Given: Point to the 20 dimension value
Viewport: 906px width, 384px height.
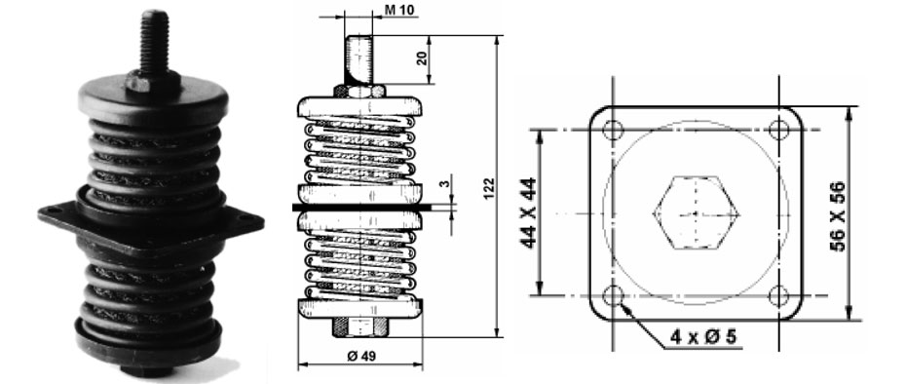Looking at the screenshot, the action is coord(422,59).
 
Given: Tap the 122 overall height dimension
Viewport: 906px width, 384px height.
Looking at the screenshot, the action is coord(488,188).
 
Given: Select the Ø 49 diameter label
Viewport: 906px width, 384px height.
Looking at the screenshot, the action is coord(361,356).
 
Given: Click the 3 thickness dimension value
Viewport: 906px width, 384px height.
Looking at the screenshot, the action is coord(443,183).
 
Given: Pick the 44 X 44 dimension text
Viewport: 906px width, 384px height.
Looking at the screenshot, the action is coord(529,212).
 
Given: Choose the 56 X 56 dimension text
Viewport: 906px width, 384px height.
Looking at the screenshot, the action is coord(837,215).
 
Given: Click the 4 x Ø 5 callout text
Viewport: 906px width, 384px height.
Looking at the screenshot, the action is coord(703,336).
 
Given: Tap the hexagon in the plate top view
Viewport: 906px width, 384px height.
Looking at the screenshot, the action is coord(697,213).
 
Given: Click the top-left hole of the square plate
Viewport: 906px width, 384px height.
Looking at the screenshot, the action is coord(613,131).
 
